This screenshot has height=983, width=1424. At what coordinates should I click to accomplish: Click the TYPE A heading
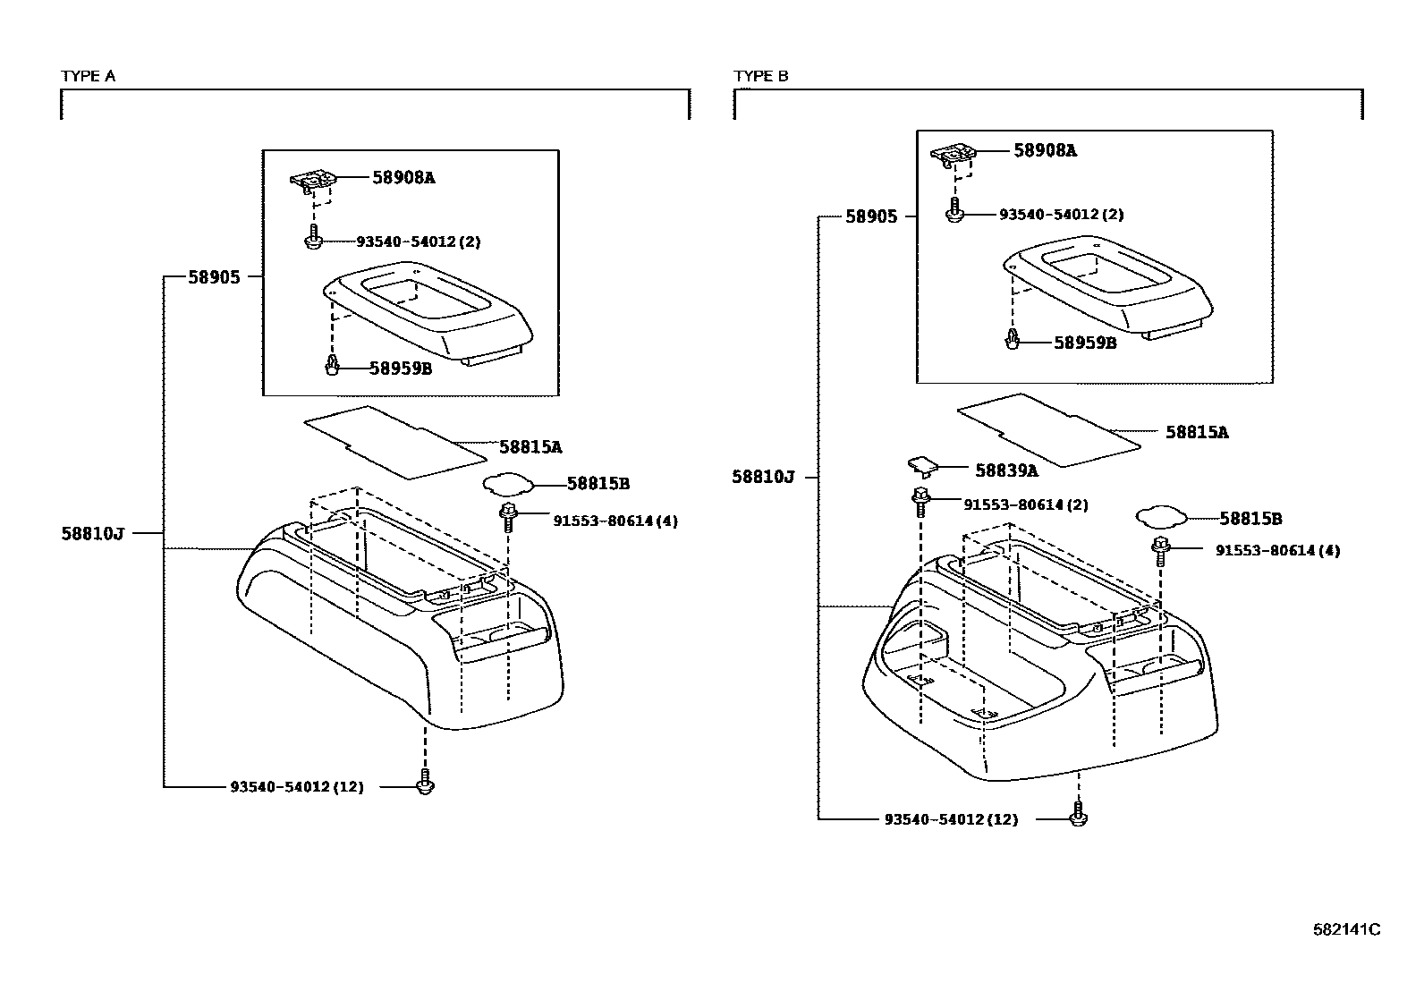click(x=88, y=77)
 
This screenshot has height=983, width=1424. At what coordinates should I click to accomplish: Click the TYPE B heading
click(x=761, y=77)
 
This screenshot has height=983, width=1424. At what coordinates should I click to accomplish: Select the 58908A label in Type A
click(x=403, y=178)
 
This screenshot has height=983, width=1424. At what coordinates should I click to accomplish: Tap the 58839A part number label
click(x=1006, y=470)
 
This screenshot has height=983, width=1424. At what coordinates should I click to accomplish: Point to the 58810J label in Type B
click(x=763, y=478)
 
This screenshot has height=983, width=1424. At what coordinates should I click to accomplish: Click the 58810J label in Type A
click(x=92, y=534)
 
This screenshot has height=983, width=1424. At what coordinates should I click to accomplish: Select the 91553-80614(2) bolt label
click(x=1025, y=504)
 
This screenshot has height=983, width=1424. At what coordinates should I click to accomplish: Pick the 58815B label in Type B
click(x=1251, y=519)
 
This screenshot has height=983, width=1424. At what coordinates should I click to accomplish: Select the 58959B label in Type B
click(x=1085, y=343)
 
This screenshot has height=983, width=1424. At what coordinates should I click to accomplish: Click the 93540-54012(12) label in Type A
click(x=297, y=788)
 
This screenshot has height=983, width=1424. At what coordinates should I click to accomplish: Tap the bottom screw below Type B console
click(x=1079, y=816)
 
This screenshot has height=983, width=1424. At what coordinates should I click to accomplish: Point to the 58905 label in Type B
click(x=871, y=217)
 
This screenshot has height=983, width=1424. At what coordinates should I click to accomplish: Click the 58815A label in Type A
click(x=530, y=446)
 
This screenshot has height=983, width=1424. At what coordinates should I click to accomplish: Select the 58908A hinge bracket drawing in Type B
click(x=956, y=156)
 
